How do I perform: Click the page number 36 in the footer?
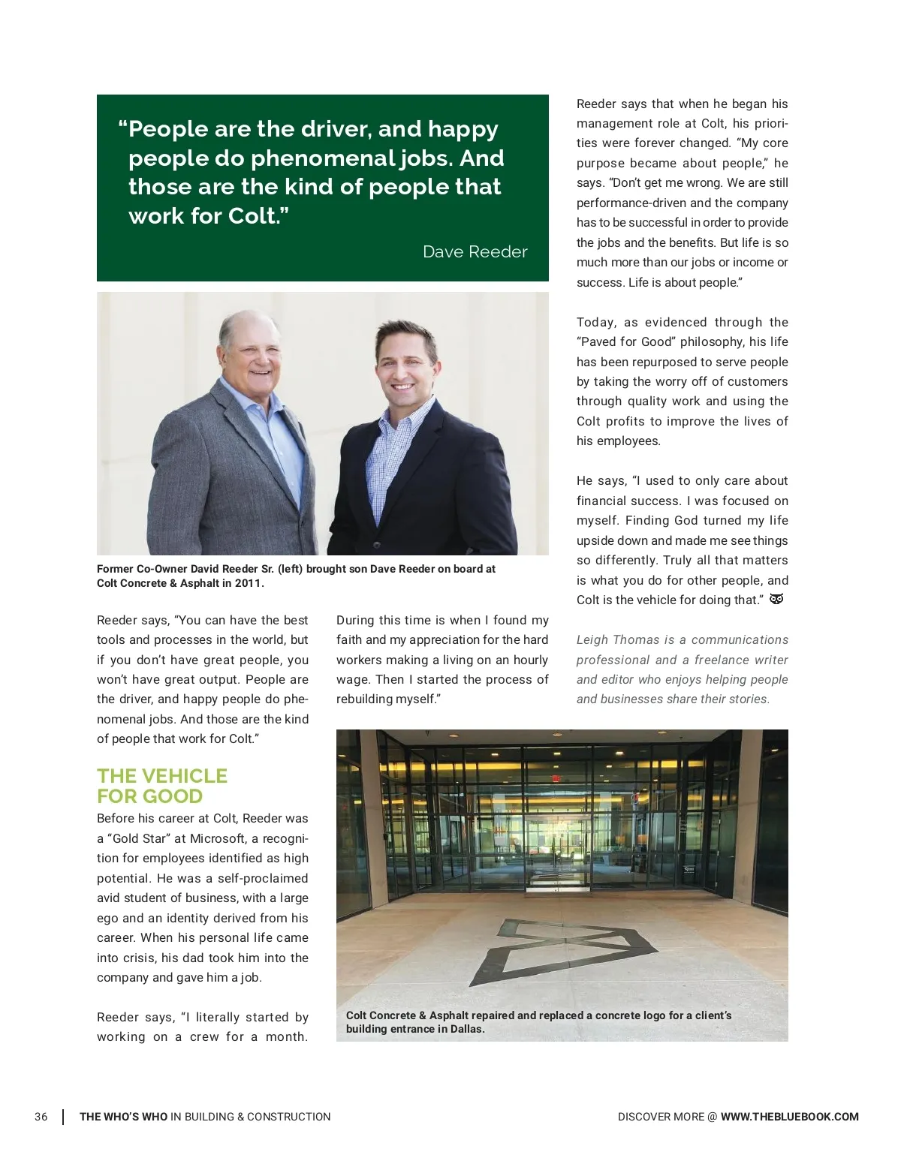(41, 1117)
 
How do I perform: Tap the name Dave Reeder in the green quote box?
(475, 252)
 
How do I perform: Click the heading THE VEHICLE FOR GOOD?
(161, 786)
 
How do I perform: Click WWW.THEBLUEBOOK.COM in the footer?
(789, 1117)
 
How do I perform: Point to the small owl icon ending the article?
(776, 599)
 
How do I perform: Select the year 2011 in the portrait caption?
(247, 583)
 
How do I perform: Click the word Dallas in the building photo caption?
(466, 1029)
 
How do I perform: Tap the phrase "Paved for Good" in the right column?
(625, 341)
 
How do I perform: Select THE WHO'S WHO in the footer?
(124, 1117)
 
